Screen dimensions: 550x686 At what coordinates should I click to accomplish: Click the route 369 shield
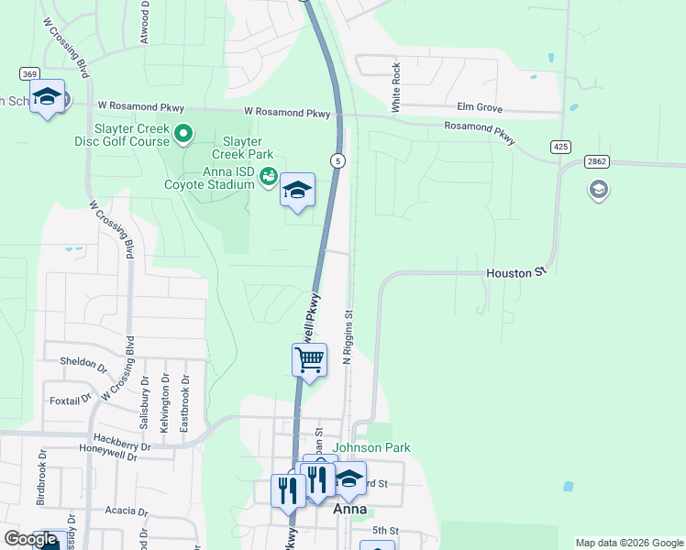click(29, 73)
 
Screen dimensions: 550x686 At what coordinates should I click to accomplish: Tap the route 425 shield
click(561, 147)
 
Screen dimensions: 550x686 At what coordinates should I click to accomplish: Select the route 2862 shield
click(596, 161)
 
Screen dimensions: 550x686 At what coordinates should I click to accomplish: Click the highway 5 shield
click(339, 161)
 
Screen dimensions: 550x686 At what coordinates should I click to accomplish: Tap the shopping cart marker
click(309, 360)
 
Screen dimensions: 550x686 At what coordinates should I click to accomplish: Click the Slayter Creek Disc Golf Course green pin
click(183, 136)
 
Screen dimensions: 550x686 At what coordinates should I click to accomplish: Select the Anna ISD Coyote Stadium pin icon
click(269, 176)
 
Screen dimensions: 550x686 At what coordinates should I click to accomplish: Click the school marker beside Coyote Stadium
click(297, 191)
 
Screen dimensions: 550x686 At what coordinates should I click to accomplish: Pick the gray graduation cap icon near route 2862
click(598, 190)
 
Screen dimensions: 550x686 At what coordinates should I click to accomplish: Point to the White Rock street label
click(396, 87)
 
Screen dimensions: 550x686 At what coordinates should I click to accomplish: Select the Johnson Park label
click(371, 447)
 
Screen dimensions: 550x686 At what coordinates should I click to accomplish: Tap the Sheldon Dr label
click(78, 361)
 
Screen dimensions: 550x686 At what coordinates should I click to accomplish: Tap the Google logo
click(31, 539)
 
